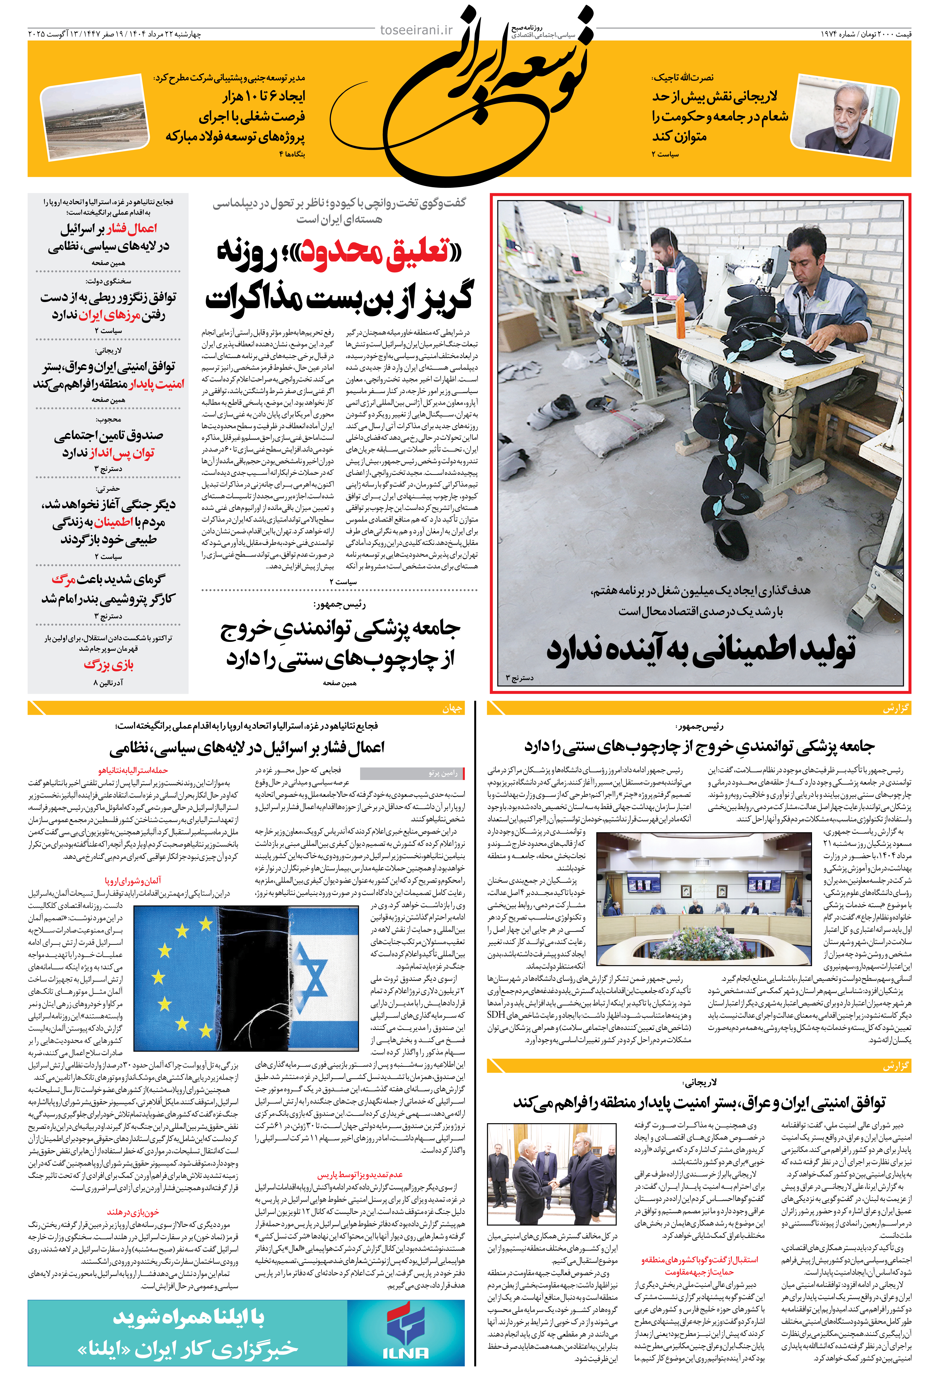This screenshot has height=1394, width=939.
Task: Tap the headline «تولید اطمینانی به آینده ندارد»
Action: (x=701, y=649)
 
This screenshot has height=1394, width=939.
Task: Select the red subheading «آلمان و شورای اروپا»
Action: (x=133, y=881)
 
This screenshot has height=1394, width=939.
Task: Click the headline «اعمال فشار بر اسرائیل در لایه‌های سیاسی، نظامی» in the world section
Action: (x=247, y=747)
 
